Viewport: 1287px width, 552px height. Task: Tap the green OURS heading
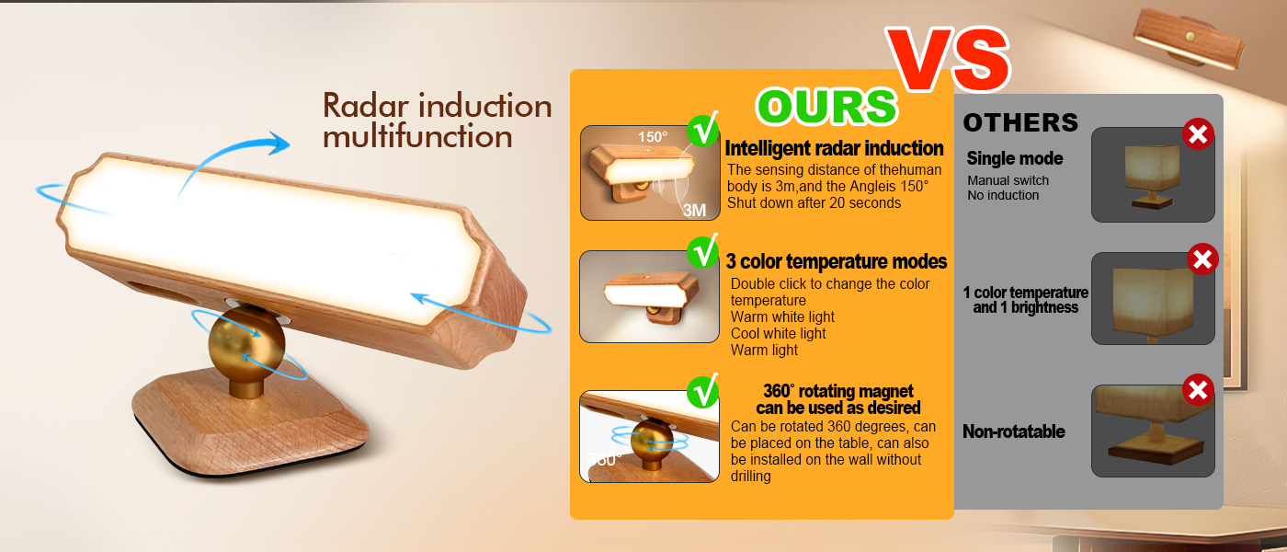(826, 108)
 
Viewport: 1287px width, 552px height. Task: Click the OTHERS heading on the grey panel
(1020, 122)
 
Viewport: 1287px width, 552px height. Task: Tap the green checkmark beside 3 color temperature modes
(704, 252)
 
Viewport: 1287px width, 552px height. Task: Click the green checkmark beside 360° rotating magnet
(704, 391)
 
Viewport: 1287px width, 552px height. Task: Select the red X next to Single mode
(1197, 135)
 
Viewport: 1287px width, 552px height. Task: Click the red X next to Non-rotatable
(1197, 390)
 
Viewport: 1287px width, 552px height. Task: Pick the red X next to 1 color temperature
(1202, 259)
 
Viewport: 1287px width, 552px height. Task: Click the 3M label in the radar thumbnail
(694, 210)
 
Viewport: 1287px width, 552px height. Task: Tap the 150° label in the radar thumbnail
(653, 137)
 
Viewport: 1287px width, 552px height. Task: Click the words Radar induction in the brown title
(437, 106)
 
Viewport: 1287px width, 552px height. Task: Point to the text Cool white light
(778, 333)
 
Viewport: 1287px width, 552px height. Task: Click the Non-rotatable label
(1013, 431)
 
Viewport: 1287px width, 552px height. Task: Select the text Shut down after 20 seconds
(814, 202)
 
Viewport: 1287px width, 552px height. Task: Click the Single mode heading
(1014, 158)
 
